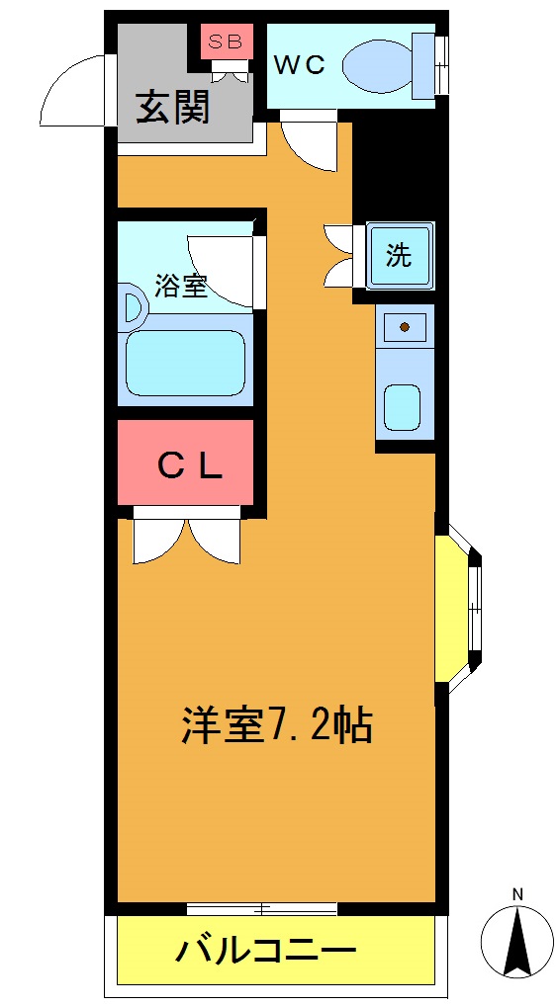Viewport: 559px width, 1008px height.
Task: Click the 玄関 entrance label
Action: pos(173,107)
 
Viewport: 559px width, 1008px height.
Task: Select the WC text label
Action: pos(299,65)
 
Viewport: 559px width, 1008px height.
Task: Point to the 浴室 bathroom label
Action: pos(180,286)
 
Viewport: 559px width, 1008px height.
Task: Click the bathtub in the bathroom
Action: pos(185,363)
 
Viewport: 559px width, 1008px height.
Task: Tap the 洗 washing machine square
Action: pos(399,256)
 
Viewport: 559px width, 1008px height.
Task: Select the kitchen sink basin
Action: pos(403,406)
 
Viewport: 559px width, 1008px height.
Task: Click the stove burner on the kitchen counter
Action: pos(405,325)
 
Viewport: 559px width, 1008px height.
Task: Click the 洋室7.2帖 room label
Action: pos(276,726)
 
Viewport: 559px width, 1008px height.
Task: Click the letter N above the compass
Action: pos(516,895)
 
